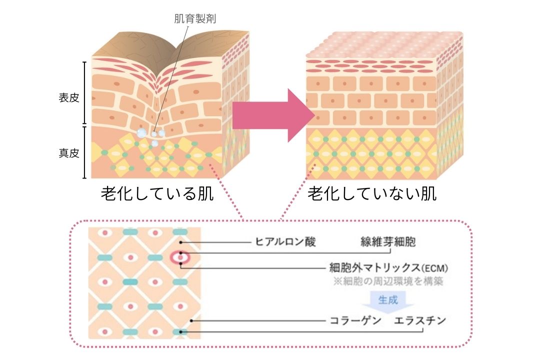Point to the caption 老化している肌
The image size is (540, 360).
157,194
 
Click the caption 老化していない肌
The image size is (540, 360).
372,194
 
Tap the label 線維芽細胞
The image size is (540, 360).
388,242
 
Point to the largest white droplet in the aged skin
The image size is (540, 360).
142,132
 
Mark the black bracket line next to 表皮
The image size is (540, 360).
84,92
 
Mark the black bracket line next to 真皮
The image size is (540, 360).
84,152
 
